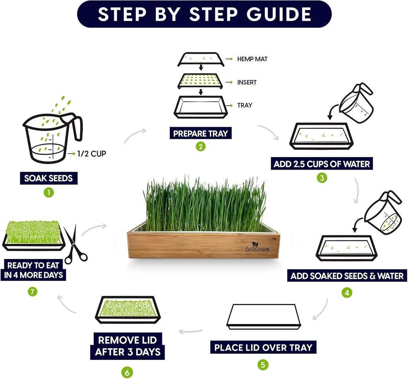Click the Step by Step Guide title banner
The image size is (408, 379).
[204, 14]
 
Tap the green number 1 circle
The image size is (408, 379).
[49, 193]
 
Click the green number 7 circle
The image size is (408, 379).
[33, 292]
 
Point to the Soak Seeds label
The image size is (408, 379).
[49, 178]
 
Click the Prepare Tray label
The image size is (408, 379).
[200, 133]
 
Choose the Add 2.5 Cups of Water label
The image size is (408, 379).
[322, 164]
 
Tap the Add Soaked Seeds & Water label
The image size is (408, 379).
[347, 276]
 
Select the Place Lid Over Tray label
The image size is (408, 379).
[263, 347]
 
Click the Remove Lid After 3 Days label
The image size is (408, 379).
[127, 346]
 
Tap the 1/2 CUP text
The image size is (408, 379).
[92, 154]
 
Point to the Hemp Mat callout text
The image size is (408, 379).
[252, 59]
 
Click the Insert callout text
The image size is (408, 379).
[247, 82]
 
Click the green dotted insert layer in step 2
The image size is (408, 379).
[200, 81]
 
